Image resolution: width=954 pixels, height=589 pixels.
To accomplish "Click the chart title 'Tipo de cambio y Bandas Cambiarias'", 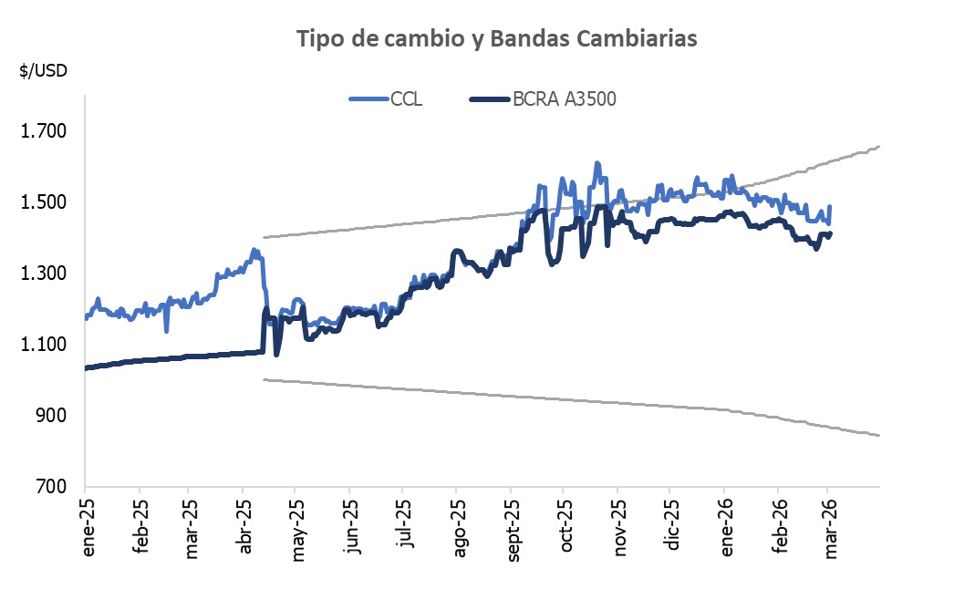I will click(x=497, y=39).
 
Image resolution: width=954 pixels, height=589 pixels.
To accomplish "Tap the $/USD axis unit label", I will click(x=43, y=71).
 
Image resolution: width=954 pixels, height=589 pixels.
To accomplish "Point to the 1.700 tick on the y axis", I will click(x=44, y=131).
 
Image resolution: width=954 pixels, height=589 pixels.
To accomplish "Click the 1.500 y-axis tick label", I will click(x=44, y=202).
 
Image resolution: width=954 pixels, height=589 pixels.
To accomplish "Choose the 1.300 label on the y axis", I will click(x=44, y=274).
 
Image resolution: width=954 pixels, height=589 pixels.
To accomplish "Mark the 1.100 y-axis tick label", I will click(x=44, y=345).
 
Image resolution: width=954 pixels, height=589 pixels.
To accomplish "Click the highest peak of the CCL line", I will click(x=596, y=164).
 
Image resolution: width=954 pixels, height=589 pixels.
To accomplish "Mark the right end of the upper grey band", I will click(x=878, y=146).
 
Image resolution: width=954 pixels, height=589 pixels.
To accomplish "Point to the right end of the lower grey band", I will click(x=878, y=435).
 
